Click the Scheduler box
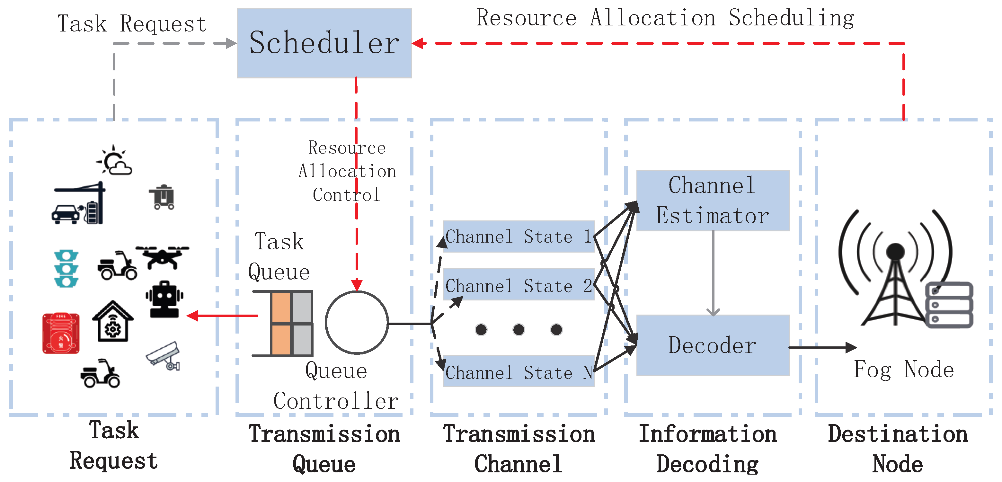324,43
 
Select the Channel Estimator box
713,200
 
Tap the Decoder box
713,345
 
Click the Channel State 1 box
519,237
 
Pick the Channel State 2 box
519,285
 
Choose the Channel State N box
519,371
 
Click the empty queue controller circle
356,322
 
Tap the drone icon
163,257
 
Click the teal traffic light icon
66,268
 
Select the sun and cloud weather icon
114,160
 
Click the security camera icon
164,356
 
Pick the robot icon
164,299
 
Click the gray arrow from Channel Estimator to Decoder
713,272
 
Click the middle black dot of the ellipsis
519,329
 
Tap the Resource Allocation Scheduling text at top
665,18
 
